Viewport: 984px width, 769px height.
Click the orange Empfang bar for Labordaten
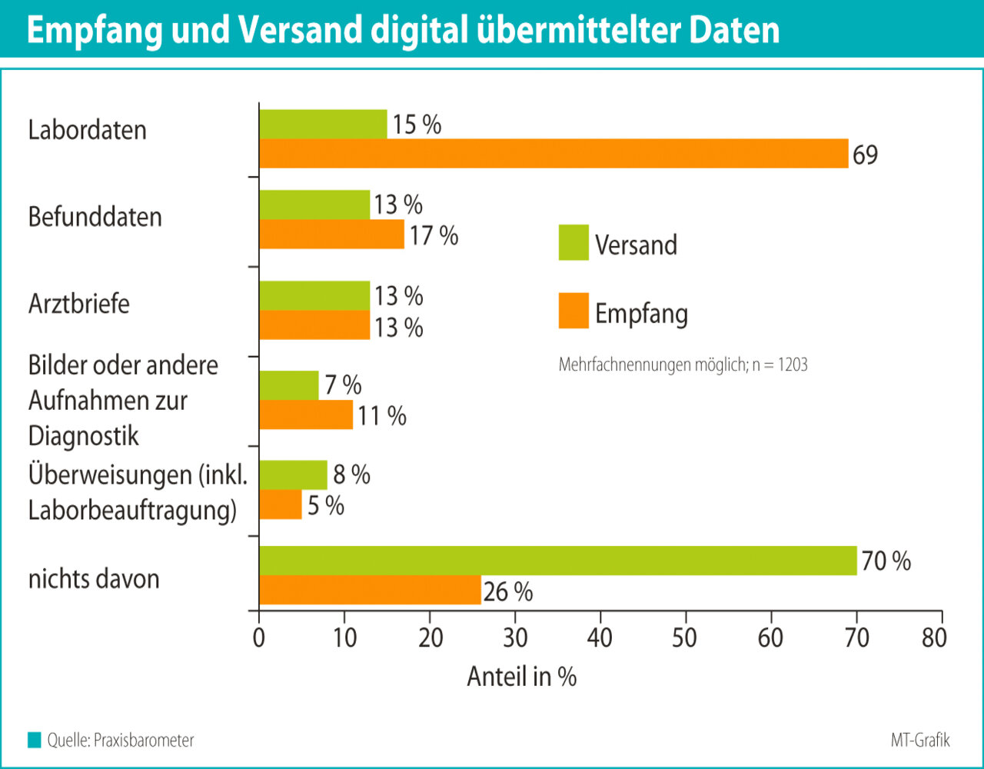[x=553, y=154]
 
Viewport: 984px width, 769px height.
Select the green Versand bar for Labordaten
[x=323, y=125]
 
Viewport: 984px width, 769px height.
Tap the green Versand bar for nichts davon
[x=557, y=561]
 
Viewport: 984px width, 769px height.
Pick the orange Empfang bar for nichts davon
[x=370, y=590]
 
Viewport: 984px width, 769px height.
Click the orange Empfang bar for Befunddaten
[x=331, y=235]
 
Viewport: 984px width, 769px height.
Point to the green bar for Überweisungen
[x=293, y=474]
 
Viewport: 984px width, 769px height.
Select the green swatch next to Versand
[x=573, y=242]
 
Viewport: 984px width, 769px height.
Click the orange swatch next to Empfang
[x=573, y=311]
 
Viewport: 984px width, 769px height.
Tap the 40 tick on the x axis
[x=600, y=638]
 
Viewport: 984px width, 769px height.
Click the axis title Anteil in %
[x=522, y=677]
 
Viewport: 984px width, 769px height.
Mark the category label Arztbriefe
[x=78, y=303]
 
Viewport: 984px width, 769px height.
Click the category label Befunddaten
[x=95, y=217]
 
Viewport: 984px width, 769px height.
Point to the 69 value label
[x=865, y=155]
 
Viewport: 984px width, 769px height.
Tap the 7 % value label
[x=343, y=384]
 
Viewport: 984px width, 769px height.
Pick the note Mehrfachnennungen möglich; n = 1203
[x=683, y=365]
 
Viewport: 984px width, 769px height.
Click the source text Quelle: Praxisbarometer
[x=120, y=741]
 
